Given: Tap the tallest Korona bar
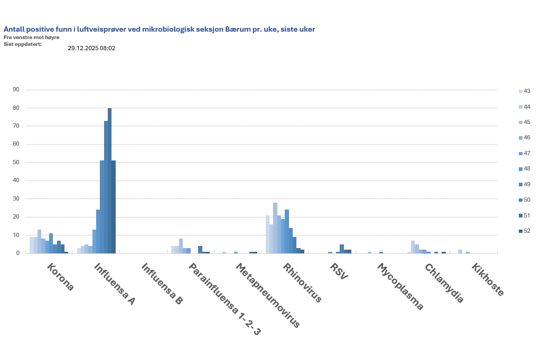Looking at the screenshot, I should click(39, 241).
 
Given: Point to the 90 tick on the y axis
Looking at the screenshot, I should click(16, 90).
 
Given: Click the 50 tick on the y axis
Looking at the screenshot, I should click(16, 163).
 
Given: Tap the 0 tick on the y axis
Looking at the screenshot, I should click(17, 253).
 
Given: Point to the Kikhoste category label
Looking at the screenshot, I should click(488, 280).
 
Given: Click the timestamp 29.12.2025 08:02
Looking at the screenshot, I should click(91, 48).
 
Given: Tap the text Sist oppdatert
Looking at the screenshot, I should click(22, 43).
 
